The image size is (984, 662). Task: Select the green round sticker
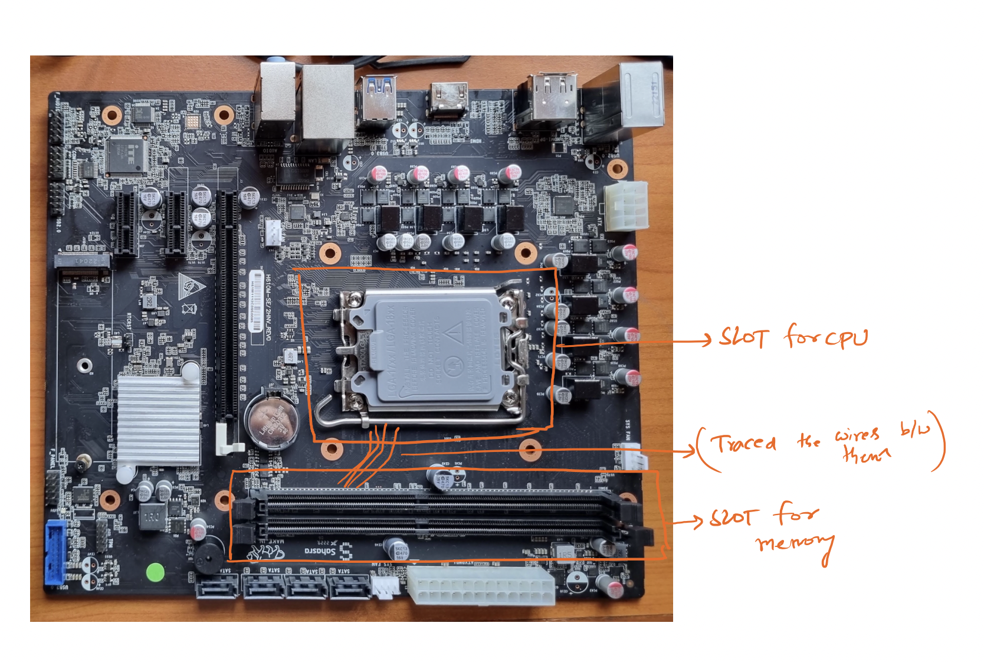[155, 572]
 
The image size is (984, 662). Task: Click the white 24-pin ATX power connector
[480, 584]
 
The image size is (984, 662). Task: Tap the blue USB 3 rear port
[378, 97]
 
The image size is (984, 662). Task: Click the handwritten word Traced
[743, 443]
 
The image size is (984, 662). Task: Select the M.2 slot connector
[83, 261]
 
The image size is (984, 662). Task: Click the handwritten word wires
[857, 435]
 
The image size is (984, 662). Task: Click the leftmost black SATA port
[217, 588]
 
